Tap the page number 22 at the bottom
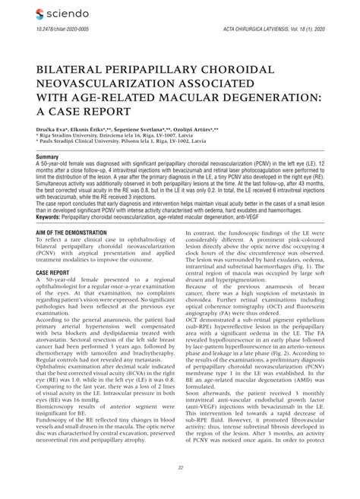[x=180, y=467]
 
